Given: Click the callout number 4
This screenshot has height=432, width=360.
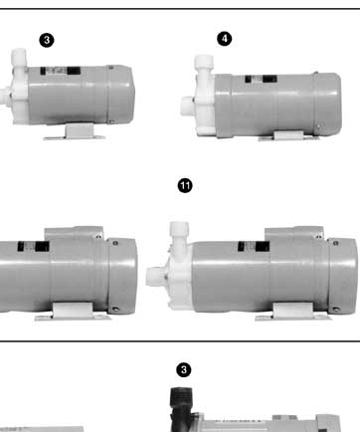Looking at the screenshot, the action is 225,39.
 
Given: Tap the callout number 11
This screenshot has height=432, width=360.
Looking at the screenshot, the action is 185,186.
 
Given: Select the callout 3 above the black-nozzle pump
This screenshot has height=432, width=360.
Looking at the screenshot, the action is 184,370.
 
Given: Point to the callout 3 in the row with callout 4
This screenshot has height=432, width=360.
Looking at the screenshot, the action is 47,40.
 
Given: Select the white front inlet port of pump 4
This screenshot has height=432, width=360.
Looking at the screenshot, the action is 187,107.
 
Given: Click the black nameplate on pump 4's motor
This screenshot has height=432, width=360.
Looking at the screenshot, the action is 261,79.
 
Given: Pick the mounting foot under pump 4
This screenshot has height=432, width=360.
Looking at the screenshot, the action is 289,136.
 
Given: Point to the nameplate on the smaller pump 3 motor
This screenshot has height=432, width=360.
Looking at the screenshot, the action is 61,71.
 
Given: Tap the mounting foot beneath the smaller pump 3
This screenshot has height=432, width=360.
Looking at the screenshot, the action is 75,131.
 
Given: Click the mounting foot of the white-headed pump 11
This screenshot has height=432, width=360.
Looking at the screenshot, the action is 293,312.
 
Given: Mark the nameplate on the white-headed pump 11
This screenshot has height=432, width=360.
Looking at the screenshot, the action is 254,247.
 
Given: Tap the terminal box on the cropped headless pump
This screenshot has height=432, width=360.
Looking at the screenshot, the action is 75,234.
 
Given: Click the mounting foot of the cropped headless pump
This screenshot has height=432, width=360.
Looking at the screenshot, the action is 73,312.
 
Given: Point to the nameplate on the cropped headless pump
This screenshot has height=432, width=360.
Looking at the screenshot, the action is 34,247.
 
